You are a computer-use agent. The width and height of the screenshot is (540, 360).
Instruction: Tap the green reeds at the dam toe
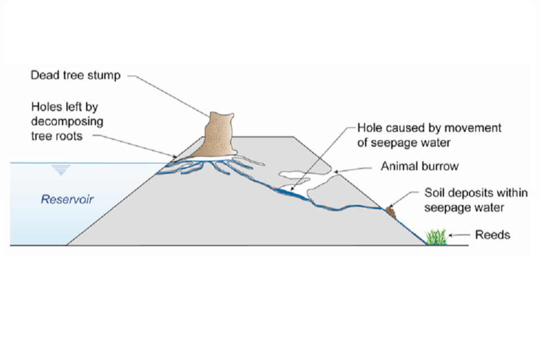(x=436, y=237)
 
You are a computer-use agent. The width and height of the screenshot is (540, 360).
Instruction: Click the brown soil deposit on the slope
(x=390, y=211)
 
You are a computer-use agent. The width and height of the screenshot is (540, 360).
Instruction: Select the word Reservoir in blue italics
(x=67, y=199)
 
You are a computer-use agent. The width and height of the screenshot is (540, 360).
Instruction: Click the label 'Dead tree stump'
(x=75, y=75)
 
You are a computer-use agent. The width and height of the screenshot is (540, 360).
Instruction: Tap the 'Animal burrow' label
(x=420, y=166)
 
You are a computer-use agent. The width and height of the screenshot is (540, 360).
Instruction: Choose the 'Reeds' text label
(x=493, y=235)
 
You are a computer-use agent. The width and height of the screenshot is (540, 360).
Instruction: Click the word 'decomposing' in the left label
(x=67, y=121)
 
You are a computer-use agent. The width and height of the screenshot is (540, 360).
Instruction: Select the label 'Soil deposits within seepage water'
(x=476, y=200)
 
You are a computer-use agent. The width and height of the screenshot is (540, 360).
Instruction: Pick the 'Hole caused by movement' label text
(x=429, y=128)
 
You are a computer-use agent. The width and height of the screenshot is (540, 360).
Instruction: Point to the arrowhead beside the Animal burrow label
(x=335, y=170)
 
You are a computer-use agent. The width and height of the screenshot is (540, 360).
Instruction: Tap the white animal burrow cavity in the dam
(x=315, y=166)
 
